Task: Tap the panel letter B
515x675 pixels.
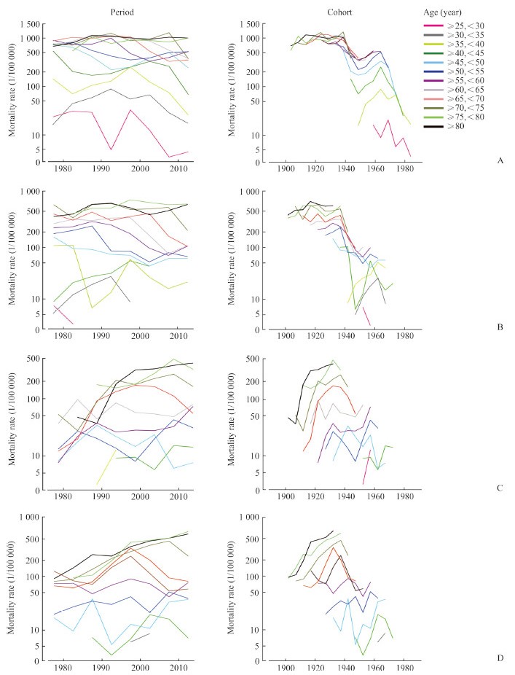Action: point(500,327)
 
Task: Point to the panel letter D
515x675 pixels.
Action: point(500,658)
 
